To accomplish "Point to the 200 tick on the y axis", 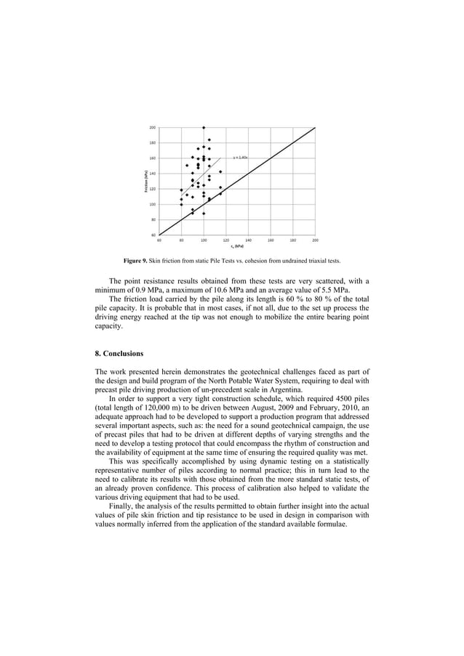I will (x=152, y=127).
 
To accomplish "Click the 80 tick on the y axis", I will (x=153, y=219).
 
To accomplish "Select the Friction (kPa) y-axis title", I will (x=145, y=181).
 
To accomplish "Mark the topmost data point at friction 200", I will (x=204, y=127).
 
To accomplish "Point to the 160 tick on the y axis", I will (x=152, y=158).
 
